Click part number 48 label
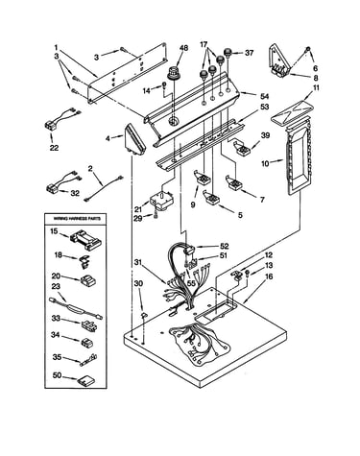(x=183, y=48)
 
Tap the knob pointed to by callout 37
(x=228, y=53)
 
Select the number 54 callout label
(x=264, y=96)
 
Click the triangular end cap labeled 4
(x=135, y=140)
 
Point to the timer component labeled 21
(x=161, y=201)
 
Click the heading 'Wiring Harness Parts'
(x=77, y=219)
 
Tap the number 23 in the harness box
(x=56, y=286)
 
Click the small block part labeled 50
(x=86, y=380)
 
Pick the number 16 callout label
(x=269, y=276)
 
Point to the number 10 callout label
(x=265, y=163)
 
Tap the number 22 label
(x=54, y=148)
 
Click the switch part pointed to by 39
(x=243, y=147)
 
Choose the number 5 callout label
(x=240, y=215)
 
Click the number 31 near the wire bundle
(x=138, y=263)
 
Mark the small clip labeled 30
(x=144, y=315)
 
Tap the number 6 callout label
(x=316, y=68)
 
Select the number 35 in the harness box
(x=57, y=357)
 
